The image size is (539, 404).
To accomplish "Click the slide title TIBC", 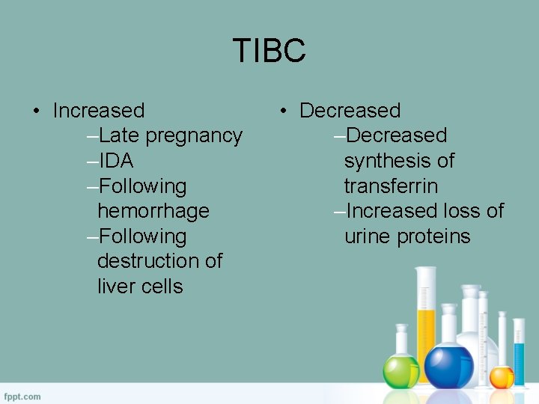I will (x=269, y=51).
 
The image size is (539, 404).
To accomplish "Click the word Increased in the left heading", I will (x=99, y=111).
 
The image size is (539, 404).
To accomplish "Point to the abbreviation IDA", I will (x=116, y=161).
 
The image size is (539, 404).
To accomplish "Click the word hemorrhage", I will (x=153, y=211).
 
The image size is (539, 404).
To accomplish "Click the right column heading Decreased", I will (x=350, y=111).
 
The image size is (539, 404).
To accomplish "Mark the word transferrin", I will (x=391, y=186).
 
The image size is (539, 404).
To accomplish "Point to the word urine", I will (x=368, y=236).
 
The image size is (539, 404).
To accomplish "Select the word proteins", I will (x=433, y=236).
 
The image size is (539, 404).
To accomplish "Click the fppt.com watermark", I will (x=22, y=396).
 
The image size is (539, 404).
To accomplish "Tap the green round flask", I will (x=401, y=370).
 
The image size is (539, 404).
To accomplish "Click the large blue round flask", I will (x=448, y=366).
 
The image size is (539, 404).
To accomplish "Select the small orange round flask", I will (x=502, y=376).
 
